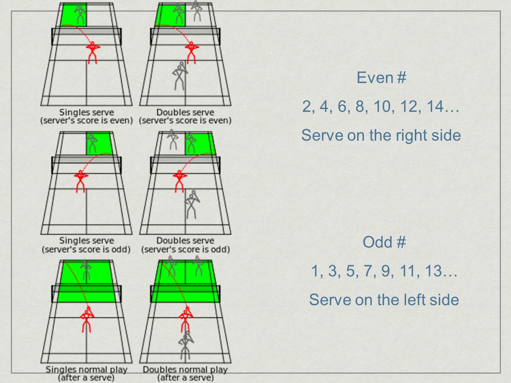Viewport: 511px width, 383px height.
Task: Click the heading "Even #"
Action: point(381,78)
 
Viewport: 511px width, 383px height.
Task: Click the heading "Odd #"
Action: point(384,242)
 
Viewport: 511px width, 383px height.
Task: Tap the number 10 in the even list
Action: point(382,107)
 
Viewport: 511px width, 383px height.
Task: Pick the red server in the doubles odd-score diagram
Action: point(179,181)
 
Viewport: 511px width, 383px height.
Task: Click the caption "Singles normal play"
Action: point(86,370)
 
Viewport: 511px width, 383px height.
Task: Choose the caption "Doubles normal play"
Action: point(185,370)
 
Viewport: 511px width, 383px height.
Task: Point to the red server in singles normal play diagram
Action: point(87,320)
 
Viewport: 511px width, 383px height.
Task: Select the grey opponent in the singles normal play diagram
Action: point(86,270)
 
